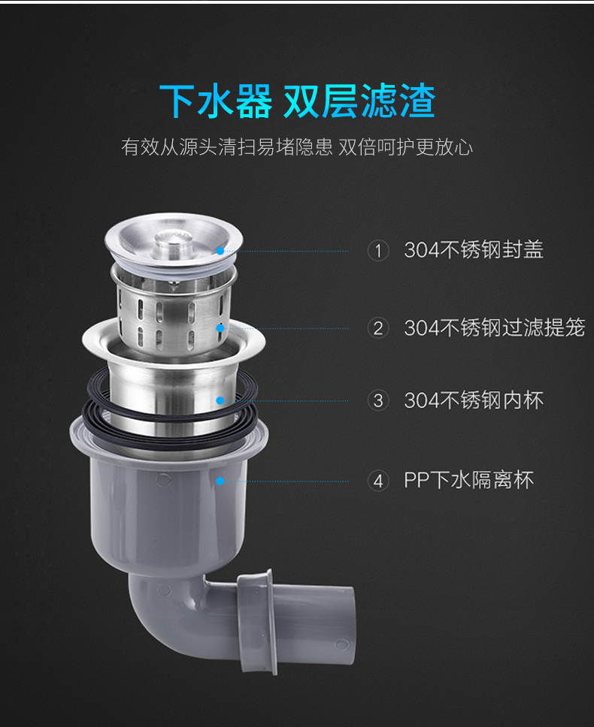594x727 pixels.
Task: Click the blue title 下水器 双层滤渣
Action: pyautogui.click(x=297, y=101)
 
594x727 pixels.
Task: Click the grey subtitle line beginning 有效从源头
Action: pyautogui.click(x=297, y=147)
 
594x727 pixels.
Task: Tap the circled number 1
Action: pyautogui.click(x=378, y=251)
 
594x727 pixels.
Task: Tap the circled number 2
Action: pyautogui.click(x=378, y=328)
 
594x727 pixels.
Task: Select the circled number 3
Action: pyautogui.click(x=378, y=400)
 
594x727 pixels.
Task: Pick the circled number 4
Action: pyautogui.click(x=378, y=481)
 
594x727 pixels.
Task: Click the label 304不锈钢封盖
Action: pyautogui.click(x=474, y=250)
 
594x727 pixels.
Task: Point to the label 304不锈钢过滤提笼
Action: pyautogui.click(x=494, y=327)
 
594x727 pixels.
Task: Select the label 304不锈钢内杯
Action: pyautogui.click(x=474, y=400)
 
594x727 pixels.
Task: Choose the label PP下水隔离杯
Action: pyautogui.click(x=468, y=481)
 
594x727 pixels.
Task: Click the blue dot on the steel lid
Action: pyautogui.click(x=220, y=251)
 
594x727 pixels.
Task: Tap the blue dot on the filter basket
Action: pyautogui.click(x=220, y=328)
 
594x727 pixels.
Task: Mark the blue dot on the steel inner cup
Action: pyautogui.click(x=220, y=400)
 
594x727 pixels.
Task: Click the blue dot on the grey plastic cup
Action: pyautogui.click(x=220, y=481)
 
